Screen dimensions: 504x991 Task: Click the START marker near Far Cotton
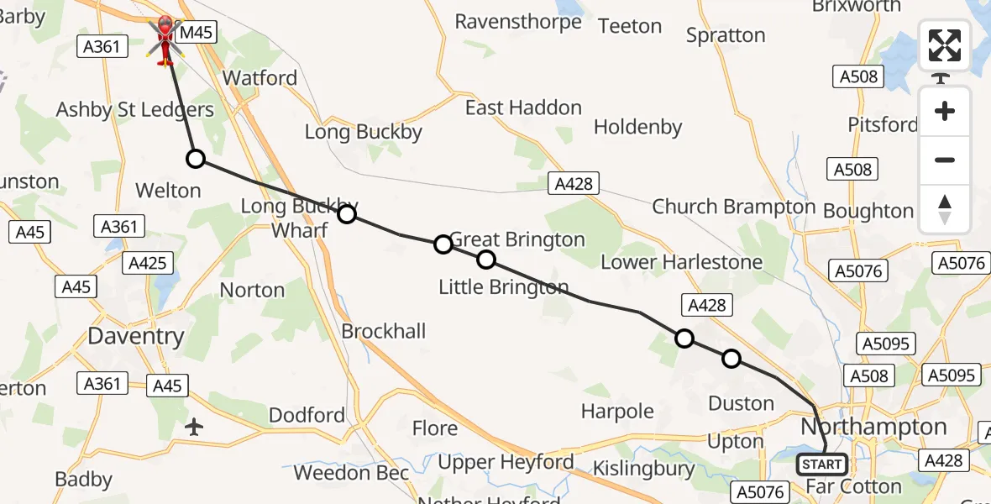(x=821, y=465)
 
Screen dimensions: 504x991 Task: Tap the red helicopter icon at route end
(x=165, y=39)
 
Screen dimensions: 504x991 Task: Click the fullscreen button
(x=945, y=45)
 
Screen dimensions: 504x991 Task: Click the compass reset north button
(x=945, y=208)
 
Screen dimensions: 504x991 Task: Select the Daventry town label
(x=136, y=337)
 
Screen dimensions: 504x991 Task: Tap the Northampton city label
(x=873, y=427)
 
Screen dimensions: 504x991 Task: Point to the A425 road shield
(x=147, y=264)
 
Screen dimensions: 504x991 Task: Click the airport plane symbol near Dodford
(x=194, y=427)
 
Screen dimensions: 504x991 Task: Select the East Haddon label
(x=523, y=108)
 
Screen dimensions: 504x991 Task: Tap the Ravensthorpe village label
(x=518, y=21)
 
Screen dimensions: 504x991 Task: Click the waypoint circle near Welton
(x=195, y=159)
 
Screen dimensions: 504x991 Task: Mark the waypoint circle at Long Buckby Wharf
(x=346, y=214)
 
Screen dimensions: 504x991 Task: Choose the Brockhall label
(x=383, y=331)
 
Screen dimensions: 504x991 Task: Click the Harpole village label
(x=617, y=412)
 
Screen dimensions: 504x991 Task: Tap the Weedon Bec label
(x=351, y=473)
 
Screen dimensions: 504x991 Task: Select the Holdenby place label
(x=637, y=127)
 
